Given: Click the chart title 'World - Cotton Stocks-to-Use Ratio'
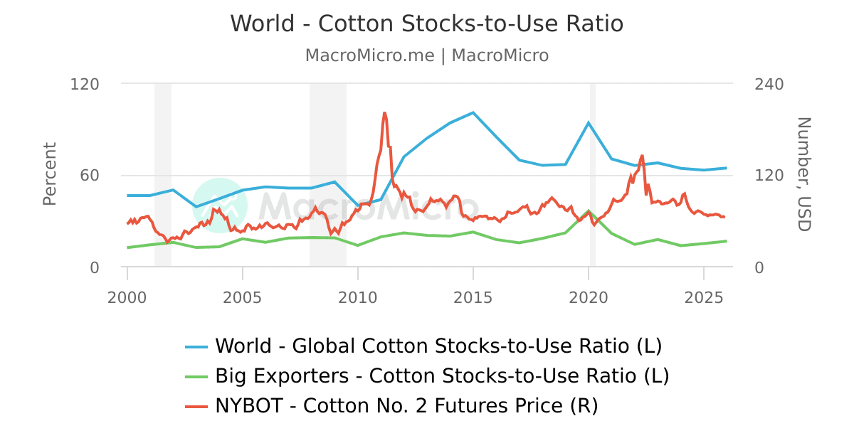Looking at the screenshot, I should click(426, 23).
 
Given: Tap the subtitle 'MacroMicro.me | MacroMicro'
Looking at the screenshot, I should click(426, 55).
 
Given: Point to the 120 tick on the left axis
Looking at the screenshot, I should click(85, 84).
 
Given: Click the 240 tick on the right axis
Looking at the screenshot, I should click(769, 84).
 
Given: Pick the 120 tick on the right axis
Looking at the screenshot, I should click(769, 176).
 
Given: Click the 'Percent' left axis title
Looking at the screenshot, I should click(49, 174).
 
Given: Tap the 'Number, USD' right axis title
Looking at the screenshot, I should click(803, 174).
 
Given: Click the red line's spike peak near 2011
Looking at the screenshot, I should click(384, 112).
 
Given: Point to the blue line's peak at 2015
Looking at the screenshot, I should click(473, 112).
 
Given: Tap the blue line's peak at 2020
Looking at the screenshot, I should click(589, 122).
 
